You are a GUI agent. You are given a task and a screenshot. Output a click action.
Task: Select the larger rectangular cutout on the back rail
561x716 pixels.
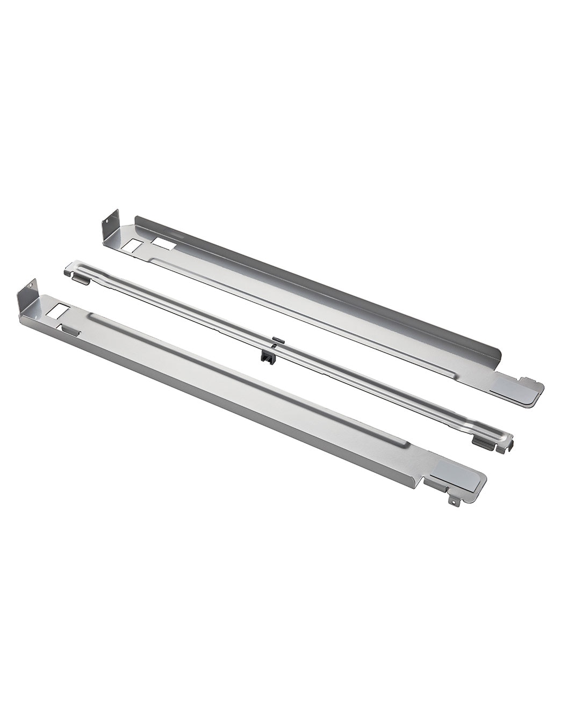pos(163,244)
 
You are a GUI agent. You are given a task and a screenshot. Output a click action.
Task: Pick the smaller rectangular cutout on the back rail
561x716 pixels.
pos(131,245)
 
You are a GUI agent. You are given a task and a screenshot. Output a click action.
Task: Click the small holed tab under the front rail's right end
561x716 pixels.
pos(455,501)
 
